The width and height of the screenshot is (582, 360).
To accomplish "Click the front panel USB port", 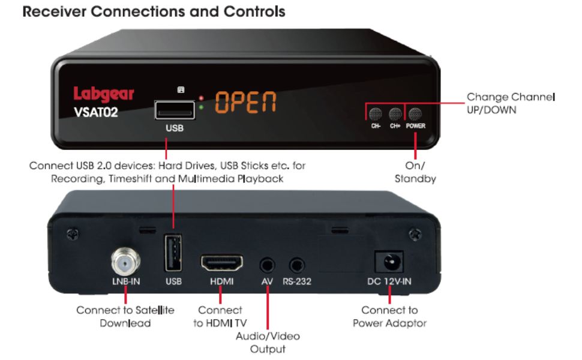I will coord(175,110).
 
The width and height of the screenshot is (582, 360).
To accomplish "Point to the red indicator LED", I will coord(202,97).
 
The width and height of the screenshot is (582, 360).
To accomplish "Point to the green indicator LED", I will coord(202,108).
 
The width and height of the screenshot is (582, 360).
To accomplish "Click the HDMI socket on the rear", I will coord(221,263).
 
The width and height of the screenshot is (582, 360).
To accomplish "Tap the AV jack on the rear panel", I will coord(267,263).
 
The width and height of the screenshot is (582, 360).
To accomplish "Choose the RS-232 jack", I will coord(296,263).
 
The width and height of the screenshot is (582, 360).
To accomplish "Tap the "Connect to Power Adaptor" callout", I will coord(389,317).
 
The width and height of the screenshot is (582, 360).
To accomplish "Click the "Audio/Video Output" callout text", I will coord(268,342).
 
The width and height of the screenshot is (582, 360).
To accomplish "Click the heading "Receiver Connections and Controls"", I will coord(153,12).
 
